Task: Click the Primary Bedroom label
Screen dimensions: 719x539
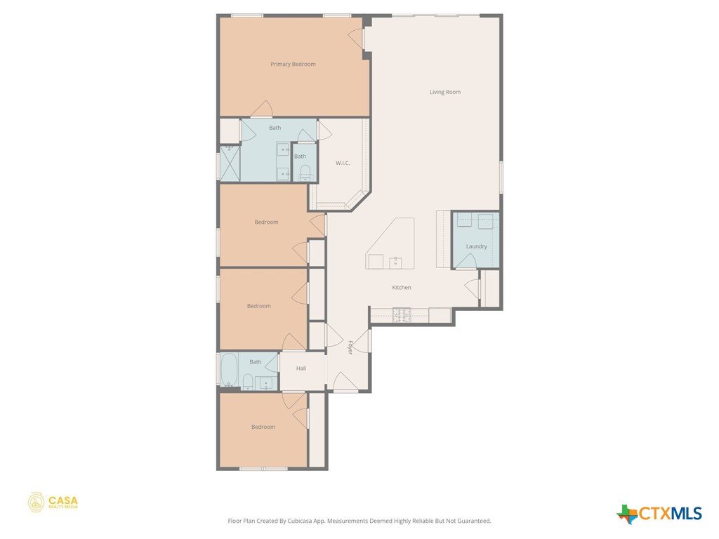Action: coord(293,64)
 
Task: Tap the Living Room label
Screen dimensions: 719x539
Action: coord(444,92)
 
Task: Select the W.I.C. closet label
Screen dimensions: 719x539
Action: coord(343,163)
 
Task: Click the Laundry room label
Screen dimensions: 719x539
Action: coord(477,246)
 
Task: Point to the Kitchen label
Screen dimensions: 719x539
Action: coord(401,287)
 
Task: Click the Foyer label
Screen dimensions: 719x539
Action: coord(350,347)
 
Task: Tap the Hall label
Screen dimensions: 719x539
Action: coord(301,368)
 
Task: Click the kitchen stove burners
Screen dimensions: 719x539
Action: coord(402,315)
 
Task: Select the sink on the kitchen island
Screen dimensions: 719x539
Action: coord(395,262)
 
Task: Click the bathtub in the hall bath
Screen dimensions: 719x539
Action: coord(228,369)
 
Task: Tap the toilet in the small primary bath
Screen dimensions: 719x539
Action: coord(305,173)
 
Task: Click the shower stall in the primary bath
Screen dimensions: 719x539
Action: coord(230,163)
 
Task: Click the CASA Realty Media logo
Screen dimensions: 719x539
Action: coord(53,503)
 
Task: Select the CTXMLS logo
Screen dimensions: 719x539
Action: coord(659,513)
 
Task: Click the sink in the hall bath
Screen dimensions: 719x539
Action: coord(266,383)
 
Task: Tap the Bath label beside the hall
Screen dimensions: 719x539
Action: coord(256,361)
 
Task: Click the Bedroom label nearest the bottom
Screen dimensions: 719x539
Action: coord(263,427)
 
